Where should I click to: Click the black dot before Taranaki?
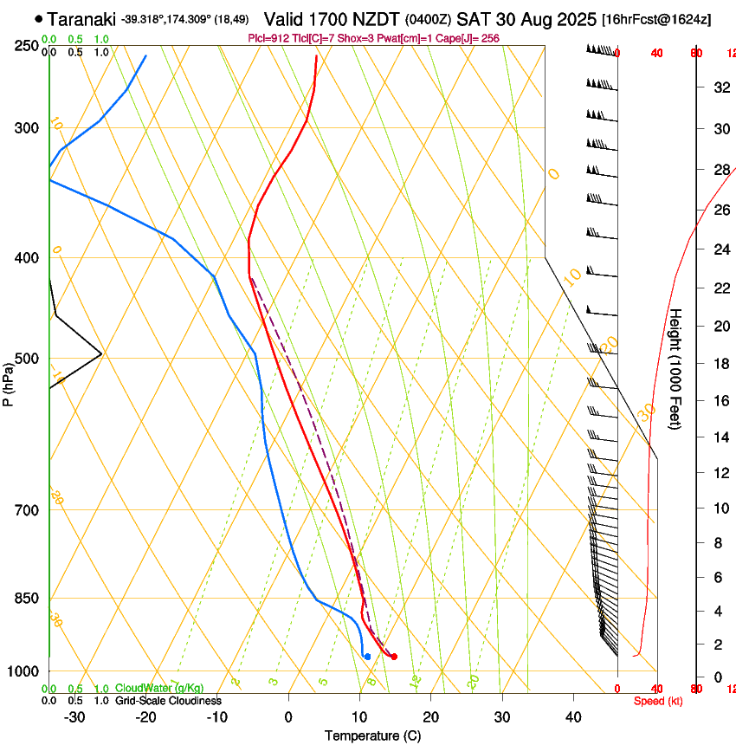tap(39, 18)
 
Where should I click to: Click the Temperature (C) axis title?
tap(372, 735)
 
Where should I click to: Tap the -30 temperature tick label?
tap(74, 717)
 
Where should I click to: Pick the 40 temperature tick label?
tap(573, 717)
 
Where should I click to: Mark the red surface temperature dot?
tap(394, 657)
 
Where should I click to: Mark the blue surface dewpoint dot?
tap(368, 657)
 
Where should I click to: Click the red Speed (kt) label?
tap(657, 701)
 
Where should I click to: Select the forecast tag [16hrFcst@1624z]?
tap(655, 19)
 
